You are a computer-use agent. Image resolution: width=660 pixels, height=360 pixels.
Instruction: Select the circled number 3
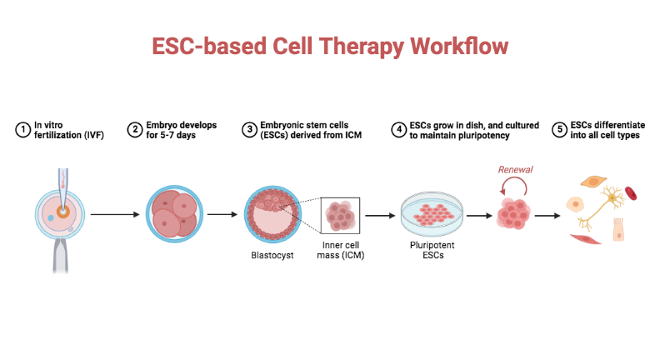[x=248, y=129]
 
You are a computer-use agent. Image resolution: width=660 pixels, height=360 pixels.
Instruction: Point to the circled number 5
[x=558, y=129]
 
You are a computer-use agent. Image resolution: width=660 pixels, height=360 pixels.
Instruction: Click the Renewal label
[x=515, y=170]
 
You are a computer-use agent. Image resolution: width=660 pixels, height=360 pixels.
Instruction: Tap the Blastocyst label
[x=272, y=255]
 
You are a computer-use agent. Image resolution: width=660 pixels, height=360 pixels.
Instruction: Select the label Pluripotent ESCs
[x=432, y=251]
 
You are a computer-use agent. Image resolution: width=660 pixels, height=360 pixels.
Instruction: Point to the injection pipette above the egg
[x=62, y=182]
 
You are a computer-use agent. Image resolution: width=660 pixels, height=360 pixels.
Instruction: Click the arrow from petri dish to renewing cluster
[x=478, y=215]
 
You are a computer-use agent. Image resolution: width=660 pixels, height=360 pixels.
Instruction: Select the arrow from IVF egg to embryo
[x=113, y=215]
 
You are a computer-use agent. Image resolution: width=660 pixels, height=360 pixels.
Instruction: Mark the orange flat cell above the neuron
[x=593, y=181]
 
